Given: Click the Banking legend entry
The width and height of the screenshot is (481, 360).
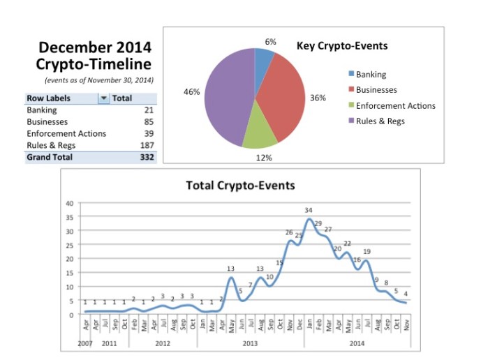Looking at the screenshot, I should point(371,75).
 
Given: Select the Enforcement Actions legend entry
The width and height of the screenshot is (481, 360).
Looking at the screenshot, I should point(395,106).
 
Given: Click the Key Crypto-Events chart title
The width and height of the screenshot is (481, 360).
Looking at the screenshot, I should point(342,47).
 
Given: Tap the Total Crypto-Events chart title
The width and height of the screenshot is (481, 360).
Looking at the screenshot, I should point(240,186).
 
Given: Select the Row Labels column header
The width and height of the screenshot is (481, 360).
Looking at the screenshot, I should point(49,98).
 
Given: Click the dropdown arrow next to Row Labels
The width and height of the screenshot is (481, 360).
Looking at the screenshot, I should point(104,98).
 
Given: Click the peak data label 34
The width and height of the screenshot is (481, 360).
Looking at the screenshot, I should point(309,210).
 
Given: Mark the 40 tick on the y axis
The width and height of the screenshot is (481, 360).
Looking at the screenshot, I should point(69,204).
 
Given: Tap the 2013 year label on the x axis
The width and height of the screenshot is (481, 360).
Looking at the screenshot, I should point(250,344).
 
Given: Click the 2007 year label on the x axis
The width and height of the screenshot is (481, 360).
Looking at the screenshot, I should point(84,344).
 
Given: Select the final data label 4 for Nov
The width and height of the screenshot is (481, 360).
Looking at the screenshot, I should point(405,293).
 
